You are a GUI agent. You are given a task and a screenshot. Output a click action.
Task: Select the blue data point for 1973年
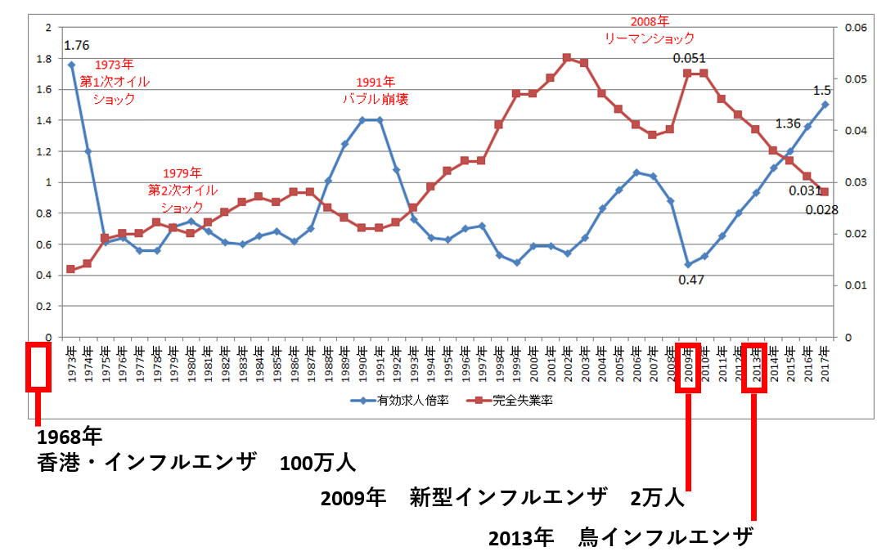pos(71,65)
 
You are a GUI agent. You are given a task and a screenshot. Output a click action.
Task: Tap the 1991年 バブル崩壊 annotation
pos(376,91)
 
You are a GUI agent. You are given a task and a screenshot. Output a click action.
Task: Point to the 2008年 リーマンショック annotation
pos(650,29)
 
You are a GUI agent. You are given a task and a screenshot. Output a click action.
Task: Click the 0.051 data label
pos(689,58)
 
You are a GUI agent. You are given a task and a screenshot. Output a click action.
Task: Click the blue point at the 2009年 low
pos(688,264)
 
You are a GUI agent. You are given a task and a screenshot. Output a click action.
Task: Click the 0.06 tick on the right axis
pos(849,28)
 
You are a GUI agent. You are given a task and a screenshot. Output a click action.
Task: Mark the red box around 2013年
pos(754,367)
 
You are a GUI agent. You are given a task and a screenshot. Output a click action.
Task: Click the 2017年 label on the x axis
pos(825,361)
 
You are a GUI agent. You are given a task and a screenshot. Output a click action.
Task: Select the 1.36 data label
pos(788,123)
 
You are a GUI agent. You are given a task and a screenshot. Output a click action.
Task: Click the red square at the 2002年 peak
pos(566,57)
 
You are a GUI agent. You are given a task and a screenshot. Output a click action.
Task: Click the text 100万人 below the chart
pos(317,464)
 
